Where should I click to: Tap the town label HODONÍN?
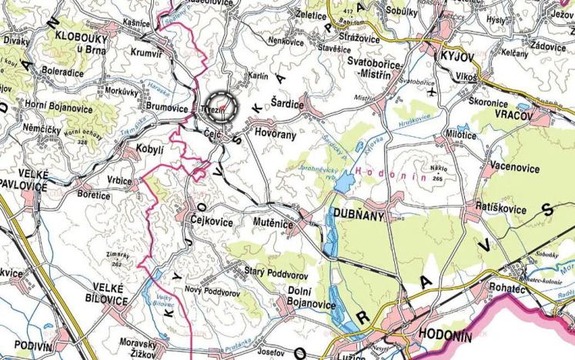(442, 335)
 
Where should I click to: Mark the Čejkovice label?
(212, 219)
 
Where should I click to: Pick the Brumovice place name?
(166, 109)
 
